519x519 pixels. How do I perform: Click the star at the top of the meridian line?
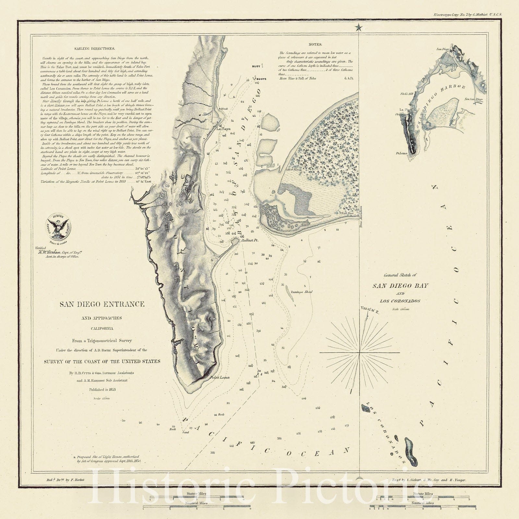(x=359, y=28)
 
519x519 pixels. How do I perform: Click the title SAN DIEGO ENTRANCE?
(x=102, y=304)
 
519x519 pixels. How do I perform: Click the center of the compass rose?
(x=360, y=352)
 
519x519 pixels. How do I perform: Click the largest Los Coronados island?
(x=411, y=452)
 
